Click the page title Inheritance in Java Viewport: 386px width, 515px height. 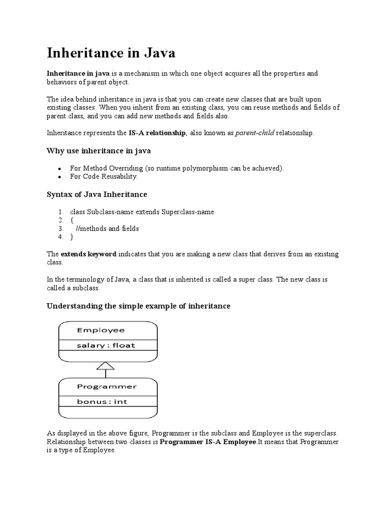point(111,52)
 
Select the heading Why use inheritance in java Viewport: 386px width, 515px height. point(99,151)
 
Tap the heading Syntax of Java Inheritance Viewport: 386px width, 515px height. point(97,194)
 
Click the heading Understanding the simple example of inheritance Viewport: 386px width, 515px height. point(138,306)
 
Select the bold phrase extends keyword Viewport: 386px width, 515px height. point(88,254)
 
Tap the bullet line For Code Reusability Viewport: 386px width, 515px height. point(104,177)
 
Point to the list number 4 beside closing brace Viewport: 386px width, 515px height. point(60,237)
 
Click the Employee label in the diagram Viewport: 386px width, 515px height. point(101,330)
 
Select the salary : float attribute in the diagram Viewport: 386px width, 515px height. point(106,346)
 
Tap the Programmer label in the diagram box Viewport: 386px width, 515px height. point(107,387)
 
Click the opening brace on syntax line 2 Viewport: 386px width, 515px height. point(71,220)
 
